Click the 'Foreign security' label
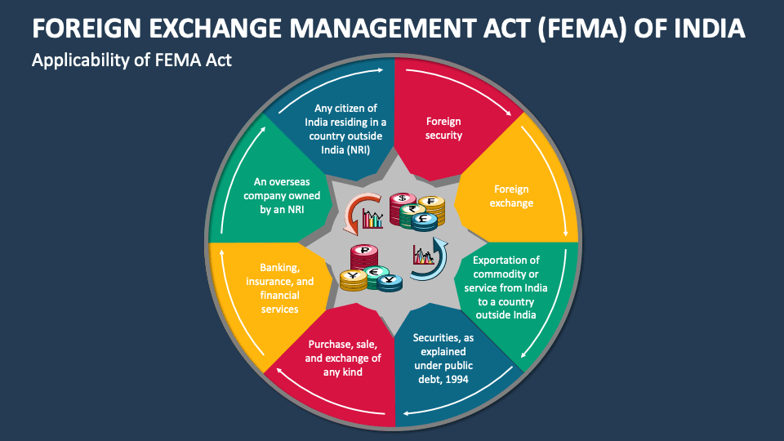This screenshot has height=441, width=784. click(x=443, y=128)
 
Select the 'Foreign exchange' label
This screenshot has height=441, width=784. click(x=511, y=196)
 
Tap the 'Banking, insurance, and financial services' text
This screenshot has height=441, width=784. click(x=279, y=288)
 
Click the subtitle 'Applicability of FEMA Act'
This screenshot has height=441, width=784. click(x=131, y=60)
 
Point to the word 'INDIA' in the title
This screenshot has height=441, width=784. click(x=710, y=29)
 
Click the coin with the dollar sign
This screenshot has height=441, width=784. click(x=400, y=200)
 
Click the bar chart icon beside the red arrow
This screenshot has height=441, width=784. click(x=373, y=218)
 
